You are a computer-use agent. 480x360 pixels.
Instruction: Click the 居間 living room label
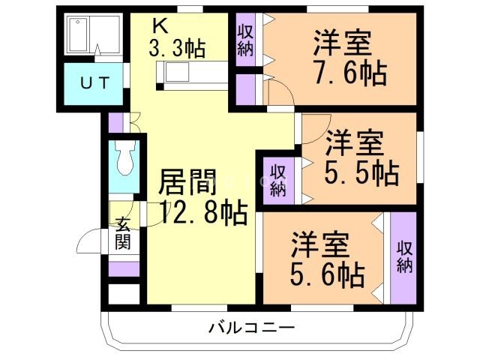(x=187, y=182)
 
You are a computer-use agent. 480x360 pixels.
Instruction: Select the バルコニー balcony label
(x=252, y=328)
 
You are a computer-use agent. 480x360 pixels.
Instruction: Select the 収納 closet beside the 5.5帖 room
(x=278, y=179)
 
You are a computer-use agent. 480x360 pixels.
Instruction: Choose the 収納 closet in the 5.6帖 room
(x=404, y=257)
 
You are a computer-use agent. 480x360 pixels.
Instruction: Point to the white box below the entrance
(x=124, y=293)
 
